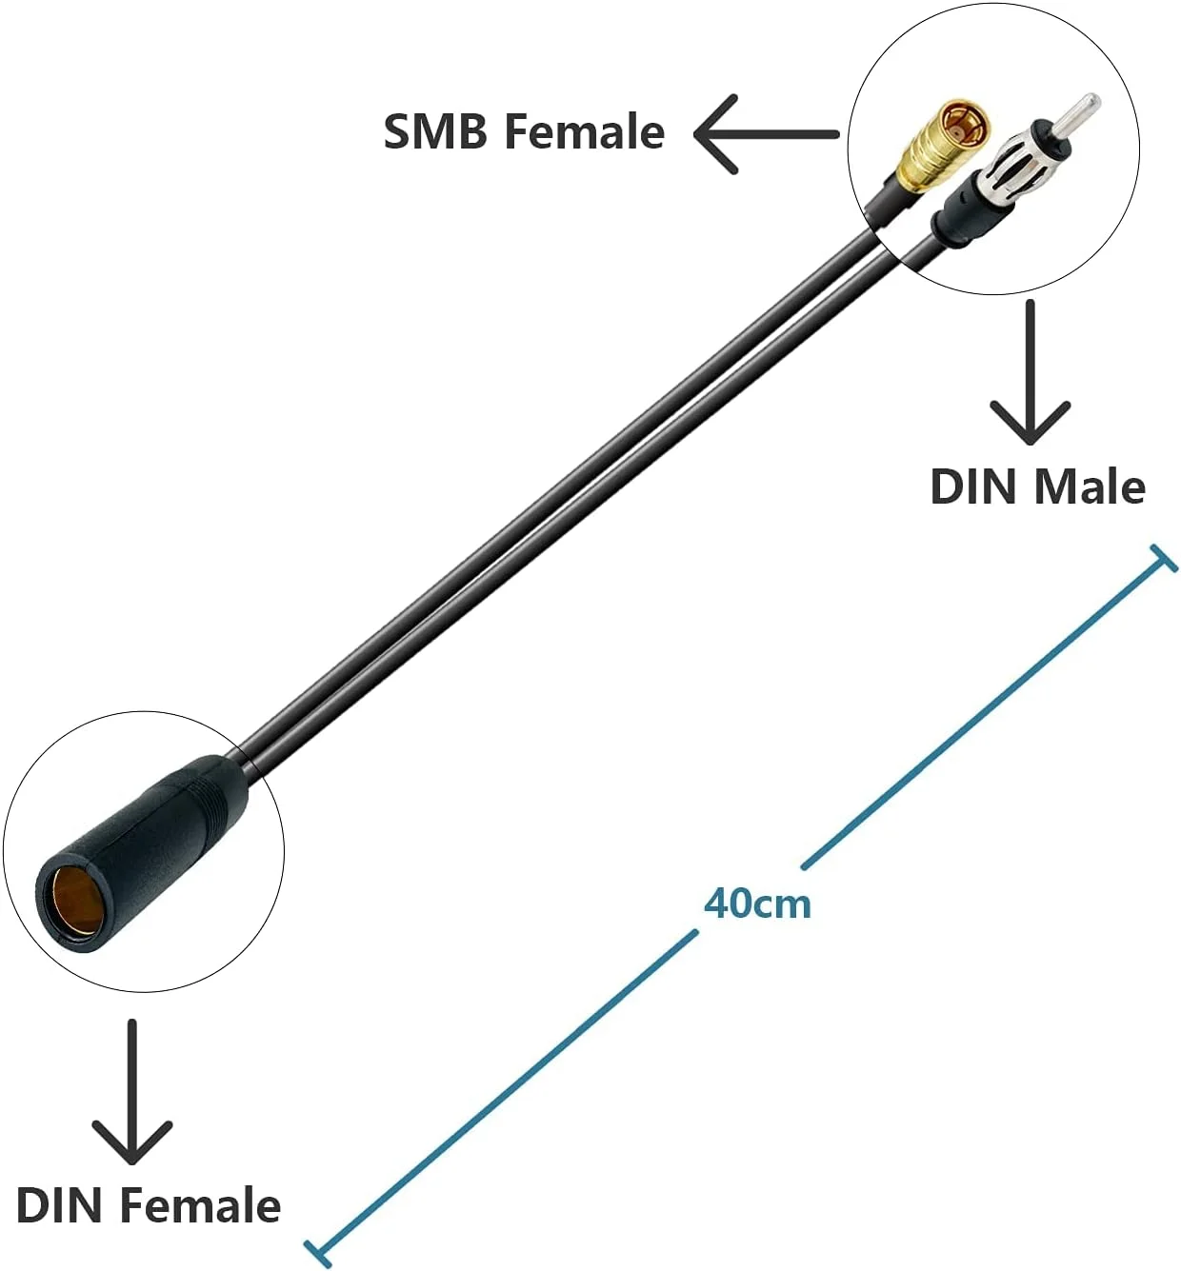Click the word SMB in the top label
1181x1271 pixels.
(437, 131)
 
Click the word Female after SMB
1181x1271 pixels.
(584, 131)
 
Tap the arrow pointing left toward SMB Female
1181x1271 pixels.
(762, 134)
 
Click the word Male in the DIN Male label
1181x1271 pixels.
(1090, 487)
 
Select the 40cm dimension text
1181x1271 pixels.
(757, 903)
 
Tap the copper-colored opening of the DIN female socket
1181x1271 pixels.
(72, 901)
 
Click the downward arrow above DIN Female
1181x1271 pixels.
(131, 1095)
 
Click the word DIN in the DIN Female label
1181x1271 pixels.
(59, 1205)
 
